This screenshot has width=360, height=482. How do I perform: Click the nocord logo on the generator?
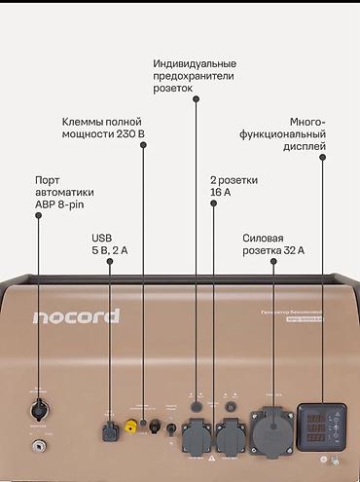tap(75, 316)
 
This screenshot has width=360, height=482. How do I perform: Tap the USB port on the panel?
tap(109, 426)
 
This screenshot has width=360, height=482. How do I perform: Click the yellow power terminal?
tap(130, 425)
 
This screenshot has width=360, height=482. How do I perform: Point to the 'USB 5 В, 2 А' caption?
tap(108, 243)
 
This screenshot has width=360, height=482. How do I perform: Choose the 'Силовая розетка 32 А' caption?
tap(273, 243)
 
